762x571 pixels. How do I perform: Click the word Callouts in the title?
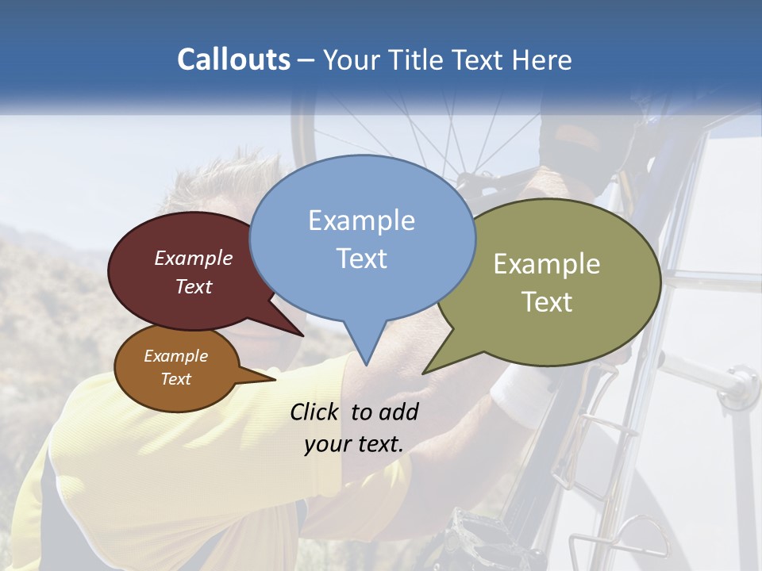point(233,59)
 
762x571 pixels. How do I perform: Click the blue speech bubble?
point(362,238)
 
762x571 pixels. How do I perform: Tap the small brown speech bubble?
point(176,368)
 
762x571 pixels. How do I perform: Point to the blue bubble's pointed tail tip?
point(366,365)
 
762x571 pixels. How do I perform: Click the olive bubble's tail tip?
point(423,374)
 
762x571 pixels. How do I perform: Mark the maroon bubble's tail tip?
point(303,335)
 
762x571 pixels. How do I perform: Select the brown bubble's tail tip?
point(275,379)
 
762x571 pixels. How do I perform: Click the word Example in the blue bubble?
point(361,220)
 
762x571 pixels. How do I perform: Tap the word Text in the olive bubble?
point(547,302)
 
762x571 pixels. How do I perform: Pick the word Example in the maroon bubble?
point(193,258)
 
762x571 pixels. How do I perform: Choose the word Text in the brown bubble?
point(175,379)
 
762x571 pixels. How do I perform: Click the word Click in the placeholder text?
point(315,412)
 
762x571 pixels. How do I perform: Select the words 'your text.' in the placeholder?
point(353,444)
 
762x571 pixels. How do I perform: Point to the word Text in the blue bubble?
point(362,259)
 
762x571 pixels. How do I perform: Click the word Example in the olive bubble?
point(547,264)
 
